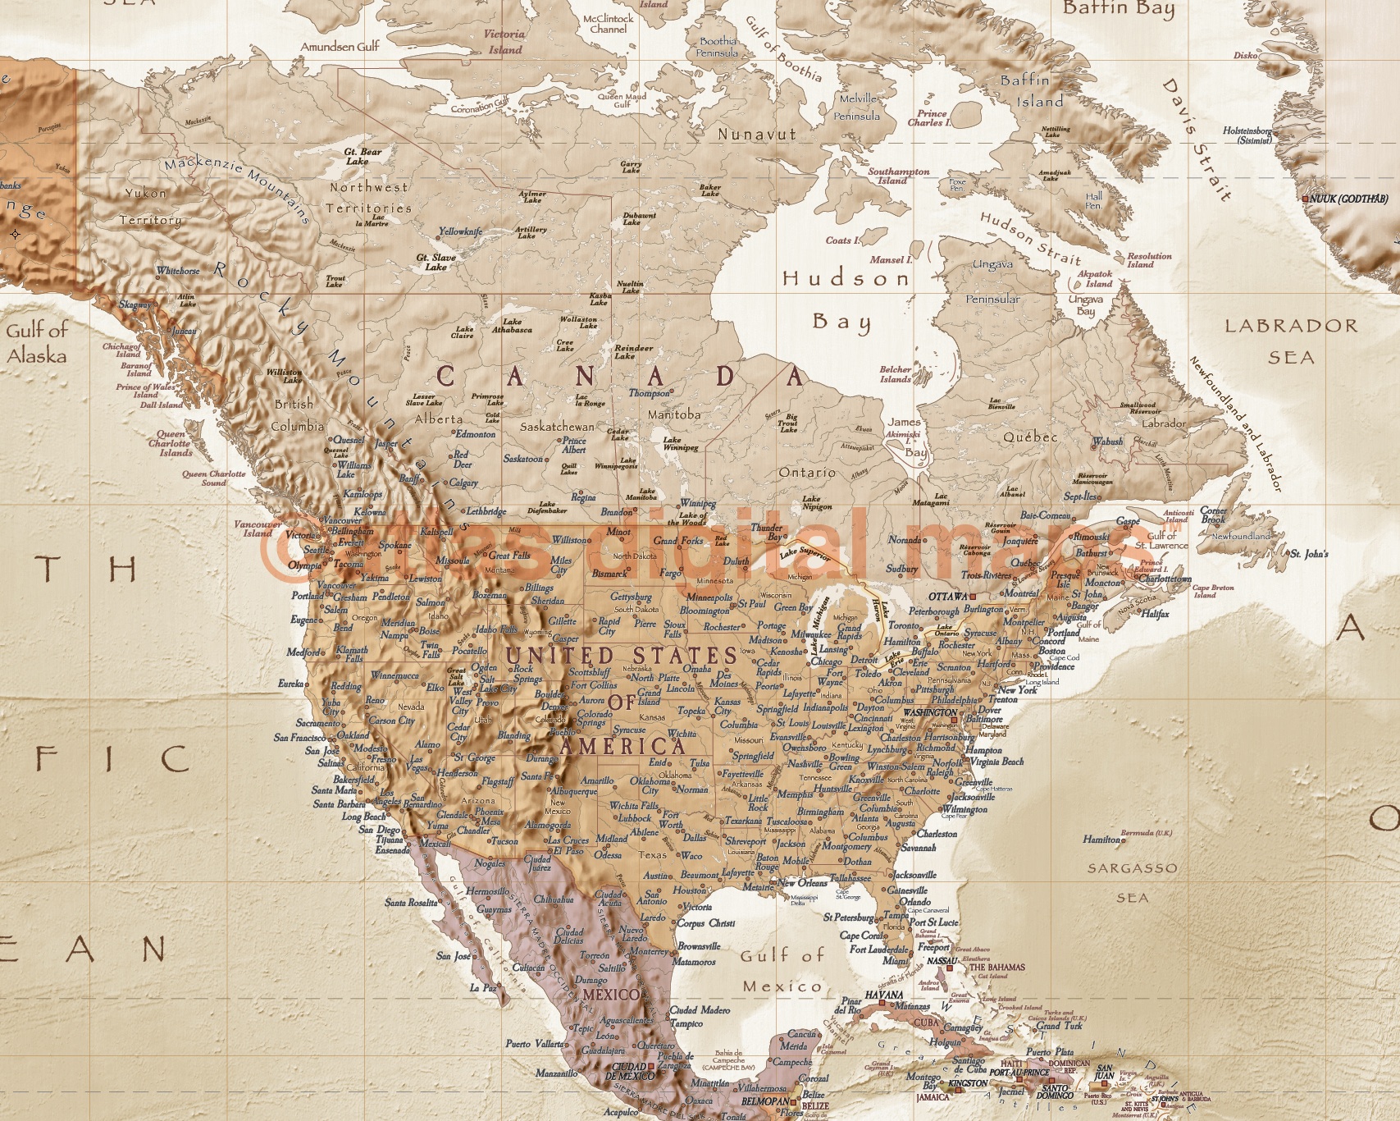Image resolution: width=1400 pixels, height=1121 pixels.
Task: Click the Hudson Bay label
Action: pyautogui.click(x=846, y=299)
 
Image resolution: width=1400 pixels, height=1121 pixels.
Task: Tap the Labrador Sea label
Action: pyautogui.click(x=1291, y=341)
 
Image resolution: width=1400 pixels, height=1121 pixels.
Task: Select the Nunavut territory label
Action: pyautogui.click(x=756, y=134)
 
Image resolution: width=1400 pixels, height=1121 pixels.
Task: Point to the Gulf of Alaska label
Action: pyautogui.click(x=37, y=343)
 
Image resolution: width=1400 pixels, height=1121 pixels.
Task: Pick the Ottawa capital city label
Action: pyautogui.click(x=948, y=597)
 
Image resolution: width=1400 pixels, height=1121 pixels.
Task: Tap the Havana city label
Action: pyautogui.click(x=884, y=995)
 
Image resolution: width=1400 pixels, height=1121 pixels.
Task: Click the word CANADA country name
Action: pyautogui.click(x=621, y=377)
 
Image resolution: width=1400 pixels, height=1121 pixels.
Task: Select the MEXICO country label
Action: pyautogui.click(x=610, y=995)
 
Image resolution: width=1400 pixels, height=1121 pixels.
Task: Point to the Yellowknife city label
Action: pyautogui.click(x=460, y=231)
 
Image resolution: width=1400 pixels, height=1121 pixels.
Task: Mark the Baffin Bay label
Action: pyautogui.click(x=1119, y=9)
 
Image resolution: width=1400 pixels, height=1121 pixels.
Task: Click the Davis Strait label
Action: pyautogui.click(x=1197, y=140)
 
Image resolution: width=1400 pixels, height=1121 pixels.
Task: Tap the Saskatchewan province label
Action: pyautogui.click(x=557, y=427)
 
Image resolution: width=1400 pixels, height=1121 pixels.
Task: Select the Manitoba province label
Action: pyautogui.click(x=674, y=414)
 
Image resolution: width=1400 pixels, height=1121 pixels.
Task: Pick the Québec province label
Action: pyautogui.click(x=1030, y=437)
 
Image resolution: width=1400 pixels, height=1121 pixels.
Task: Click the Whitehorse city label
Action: pyautogui.click(x=178, y=271)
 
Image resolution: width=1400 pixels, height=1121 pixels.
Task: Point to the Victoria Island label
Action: pyautogui.click(x=504, y=41)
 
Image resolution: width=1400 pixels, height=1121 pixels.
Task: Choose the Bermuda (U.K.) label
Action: pyautogui.click(x=1147, y=833)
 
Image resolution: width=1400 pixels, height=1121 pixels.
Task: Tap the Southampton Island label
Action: pyautogui.click(x=898, y=176)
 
